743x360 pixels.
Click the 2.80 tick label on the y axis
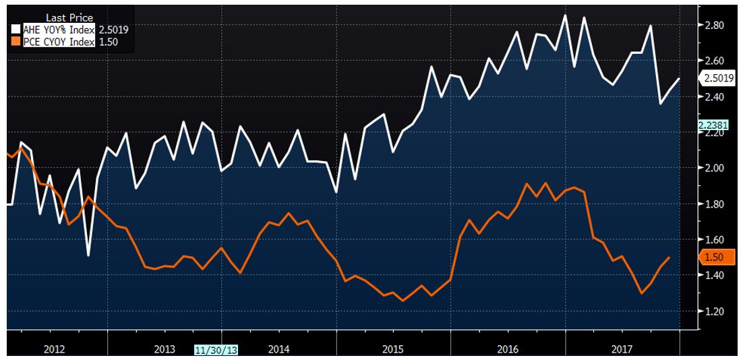tap(714, 26)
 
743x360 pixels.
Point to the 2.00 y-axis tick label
tap(714, 168)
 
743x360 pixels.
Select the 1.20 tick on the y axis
tap(714, 311)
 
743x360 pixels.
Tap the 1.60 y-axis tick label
tap(714, 240)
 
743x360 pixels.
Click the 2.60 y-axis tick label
tap(714, 61)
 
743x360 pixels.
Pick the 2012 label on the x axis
tap(54, 349)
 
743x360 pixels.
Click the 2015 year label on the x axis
tap(393, 349)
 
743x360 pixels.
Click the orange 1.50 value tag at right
tap(715, 258)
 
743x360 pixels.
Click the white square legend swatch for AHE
tap(16, 30)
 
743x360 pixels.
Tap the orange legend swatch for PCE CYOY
tap(16, 42)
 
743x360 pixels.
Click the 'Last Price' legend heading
tap(69, 18)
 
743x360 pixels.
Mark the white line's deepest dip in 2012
tap(88, 255)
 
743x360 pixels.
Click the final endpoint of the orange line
tap(669, 258)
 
